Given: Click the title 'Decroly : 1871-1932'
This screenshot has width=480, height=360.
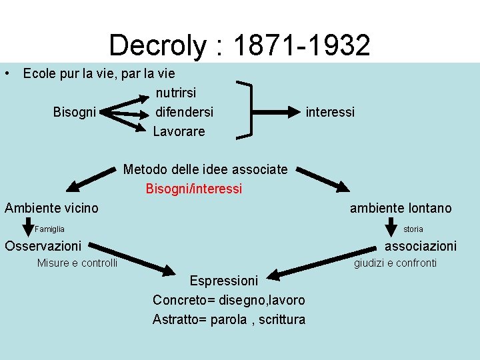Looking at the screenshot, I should point(239,45).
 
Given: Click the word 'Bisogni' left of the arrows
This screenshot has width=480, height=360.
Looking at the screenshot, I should point(74,111).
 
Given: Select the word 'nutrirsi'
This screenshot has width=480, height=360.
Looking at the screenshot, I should point(176,92).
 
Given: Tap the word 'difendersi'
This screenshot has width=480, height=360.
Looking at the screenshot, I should point(184,111).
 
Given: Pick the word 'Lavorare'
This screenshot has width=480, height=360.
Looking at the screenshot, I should point(179,131).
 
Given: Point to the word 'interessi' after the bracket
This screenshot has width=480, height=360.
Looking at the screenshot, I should point(330,111).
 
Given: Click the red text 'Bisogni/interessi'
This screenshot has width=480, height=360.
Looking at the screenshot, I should point(194,189).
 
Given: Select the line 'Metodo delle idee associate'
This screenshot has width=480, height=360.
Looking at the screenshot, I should point(205,169).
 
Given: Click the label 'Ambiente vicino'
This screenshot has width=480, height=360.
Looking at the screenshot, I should point(51,208).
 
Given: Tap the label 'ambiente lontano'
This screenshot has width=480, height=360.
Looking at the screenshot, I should point(401,208).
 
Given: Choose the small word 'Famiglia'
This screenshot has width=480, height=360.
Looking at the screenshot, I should point(50,229).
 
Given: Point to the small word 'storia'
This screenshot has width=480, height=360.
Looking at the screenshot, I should point(413,229).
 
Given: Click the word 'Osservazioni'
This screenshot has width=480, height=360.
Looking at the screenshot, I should point(43,246).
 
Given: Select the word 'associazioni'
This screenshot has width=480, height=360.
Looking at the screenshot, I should point(421,246).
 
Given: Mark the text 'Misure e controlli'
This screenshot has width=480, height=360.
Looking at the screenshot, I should point(77,263).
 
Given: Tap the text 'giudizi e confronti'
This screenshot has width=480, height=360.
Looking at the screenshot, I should point(395,263).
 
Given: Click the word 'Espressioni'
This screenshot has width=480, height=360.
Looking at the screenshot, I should point(223,280).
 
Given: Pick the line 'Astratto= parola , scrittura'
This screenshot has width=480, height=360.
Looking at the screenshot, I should point(229,319).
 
